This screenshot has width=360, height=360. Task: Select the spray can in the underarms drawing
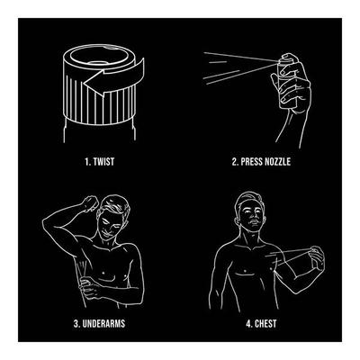coord(85,269)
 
